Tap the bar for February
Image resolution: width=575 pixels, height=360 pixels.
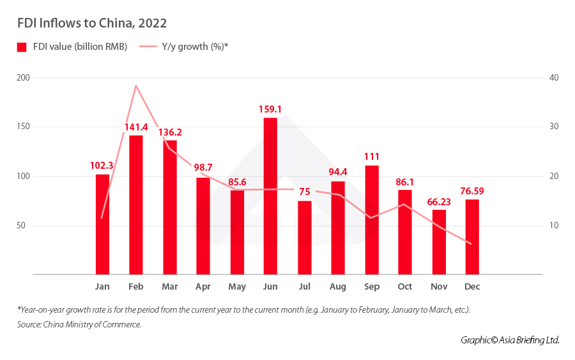[x=136, y=205]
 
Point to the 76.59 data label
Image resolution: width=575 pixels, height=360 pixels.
[x=473, y=191]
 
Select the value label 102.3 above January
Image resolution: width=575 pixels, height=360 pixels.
[x=102, y=165]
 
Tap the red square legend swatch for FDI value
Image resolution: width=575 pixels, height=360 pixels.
[x=22, y=47]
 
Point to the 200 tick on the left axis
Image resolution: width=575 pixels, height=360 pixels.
[x=24, y=77]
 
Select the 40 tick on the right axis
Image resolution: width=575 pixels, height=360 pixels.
[x=553, y=77]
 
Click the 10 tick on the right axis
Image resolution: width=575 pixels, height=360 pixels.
[x=553, y=226]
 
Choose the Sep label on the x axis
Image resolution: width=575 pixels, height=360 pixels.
[x=371, y=286]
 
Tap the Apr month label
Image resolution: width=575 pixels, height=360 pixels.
[x=203, y=286]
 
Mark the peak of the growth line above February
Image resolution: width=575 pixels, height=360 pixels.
[x=136, y=85]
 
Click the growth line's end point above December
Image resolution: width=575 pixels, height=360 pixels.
[x=471, y=244]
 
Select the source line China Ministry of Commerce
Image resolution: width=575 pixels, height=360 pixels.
[x=79, y=325]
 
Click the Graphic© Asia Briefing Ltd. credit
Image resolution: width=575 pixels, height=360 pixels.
[x=510, y=340]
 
